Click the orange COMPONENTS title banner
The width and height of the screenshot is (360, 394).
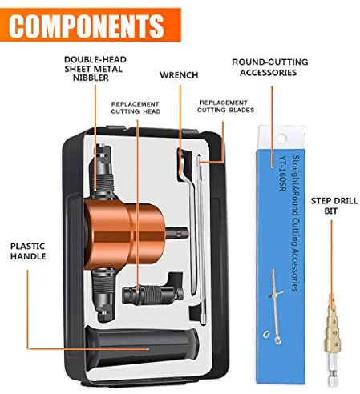pyautogui.click(x=91, y=25)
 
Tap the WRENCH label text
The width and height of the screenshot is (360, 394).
pyautogui.click(x=179, y=75)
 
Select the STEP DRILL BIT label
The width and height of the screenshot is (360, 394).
pyautogui.click(x=334, y=206)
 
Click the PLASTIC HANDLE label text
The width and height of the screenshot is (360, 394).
pyautogui.click(x=28, y=251)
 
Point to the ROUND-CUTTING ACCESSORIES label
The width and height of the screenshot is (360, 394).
pyautogui.click(x=270, y=67)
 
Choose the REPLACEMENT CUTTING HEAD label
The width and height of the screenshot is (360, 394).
pyautogui.click(x=136, y=107)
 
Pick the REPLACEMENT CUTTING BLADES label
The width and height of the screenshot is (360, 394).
pyautogui.click(x=225, y=107)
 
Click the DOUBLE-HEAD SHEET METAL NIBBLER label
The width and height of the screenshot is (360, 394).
pyautogui.click(x=95, y=69)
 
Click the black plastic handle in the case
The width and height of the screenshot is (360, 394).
pyautogui.click(x=142, y=347)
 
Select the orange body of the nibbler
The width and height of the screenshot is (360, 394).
pyautogui.click(x=124, y=234)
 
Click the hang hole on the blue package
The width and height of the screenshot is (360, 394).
pyautogui.click(x=281, y=139)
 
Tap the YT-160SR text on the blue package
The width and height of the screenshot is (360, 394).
pyautogui.click(x=283, y=174)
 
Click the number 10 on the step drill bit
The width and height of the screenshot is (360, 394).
pyautogui.click(x=334, y=333)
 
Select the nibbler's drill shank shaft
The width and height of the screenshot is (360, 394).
pyautogui.click(x=177, y=233)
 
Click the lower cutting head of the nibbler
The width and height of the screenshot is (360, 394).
pyautogui.click(x=103, y=295)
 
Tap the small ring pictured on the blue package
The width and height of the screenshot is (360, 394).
pyautogui.click(x=266, y=334)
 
